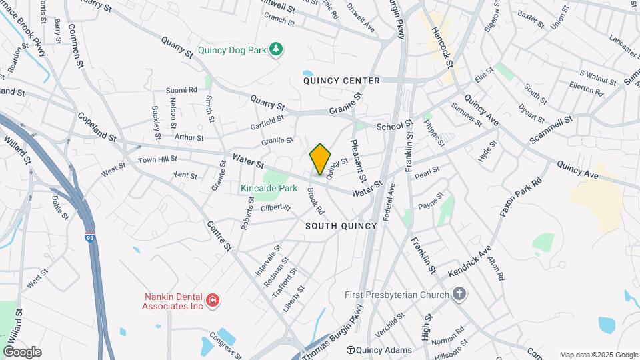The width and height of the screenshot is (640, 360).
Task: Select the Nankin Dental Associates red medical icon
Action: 213,301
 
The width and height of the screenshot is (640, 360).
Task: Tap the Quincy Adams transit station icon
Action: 349,350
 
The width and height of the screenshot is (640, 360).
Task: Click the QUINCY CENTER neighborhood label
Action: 341,81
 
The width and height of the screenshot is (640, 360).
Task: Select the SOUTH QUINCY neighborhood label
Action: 341,226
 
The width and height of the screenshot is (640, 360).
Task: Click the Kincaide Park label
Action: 269,189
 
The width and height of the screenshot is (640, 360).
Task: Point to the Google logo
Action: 22,352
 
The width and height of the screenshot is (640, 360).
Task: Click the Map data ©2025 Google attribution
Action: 599,355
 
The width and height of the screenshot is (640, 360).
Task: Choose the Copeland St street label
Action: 97,125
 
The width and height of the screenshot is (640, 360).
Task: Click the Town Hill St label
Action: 157,159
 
